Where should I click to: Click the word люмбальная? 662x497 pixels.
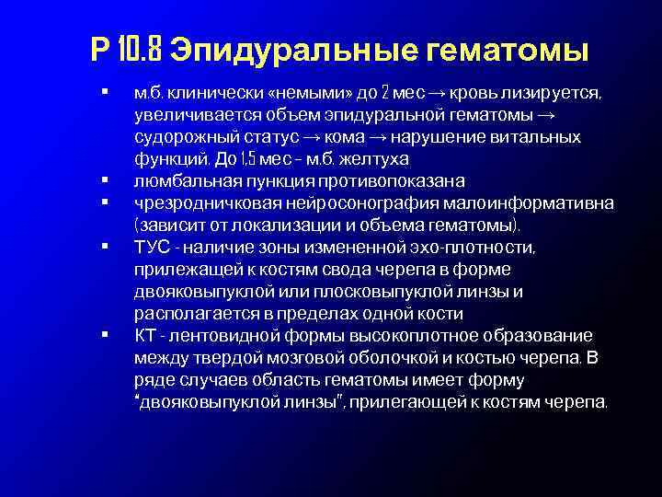[178, 180]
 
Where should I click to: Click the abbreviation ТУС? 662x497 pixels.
[151, 247]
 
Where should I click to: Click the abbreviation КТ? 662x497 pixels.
[144, 335]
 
